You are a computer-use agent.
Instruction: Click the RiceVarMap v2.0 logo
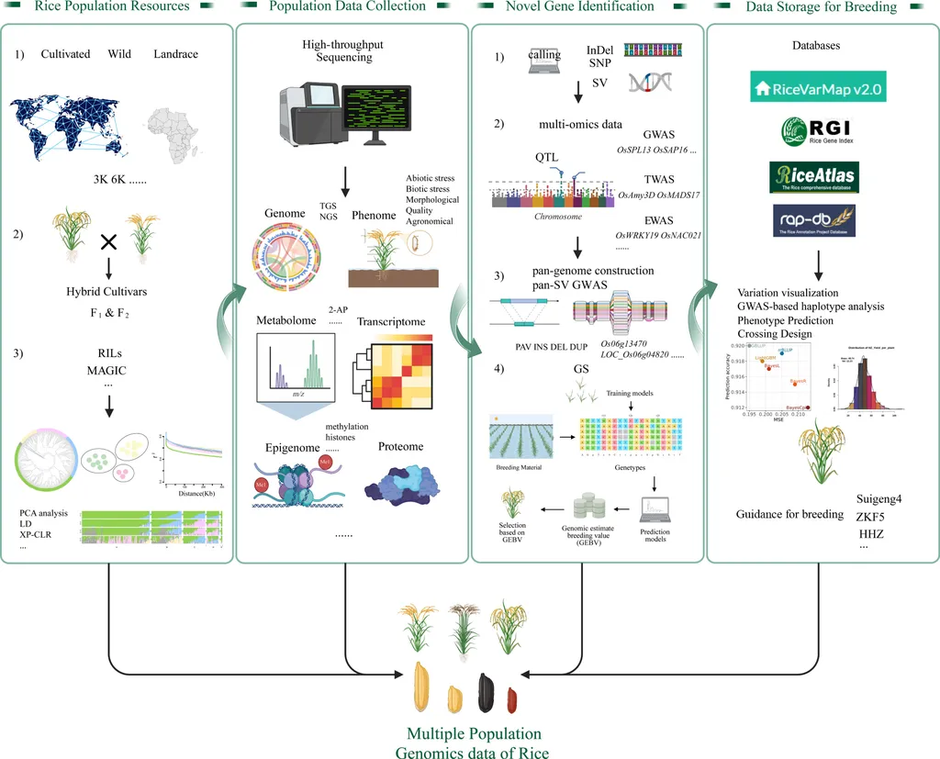818,89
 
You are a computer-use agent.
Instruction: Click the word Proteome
400,447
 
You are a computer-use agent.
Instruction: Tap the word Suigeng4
879,498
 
